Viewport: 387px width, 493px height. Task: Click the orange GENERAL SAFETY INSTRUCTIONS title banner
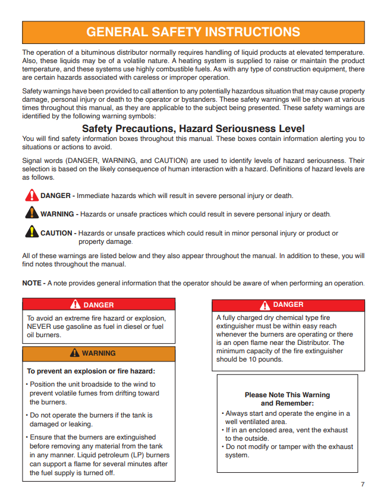[193, 32]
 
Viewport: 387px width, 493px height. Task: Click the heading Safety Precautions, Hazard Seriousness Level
[193, 128]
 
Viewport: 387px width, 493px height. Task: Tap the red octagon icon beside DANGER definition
[31, 195]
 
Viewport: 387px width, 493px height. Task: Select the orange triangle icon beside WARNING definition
[31, 213]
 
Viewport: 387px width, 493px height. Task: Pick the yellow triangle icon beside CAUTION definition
[31, 232]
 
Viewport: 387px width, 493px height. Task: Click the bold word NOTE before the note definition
[32, 283]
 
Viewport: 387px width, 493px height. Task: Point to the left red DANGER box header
[99, 304]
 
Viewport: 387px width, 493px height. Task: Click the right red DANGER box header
[288, 304]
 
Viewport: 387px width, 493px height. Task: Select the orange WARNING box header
[99, 353]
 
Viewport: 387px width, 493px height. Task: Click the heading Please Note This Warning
[287, 395]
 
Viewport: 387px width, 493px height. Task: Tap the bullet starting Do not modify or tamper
[289, 451]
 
